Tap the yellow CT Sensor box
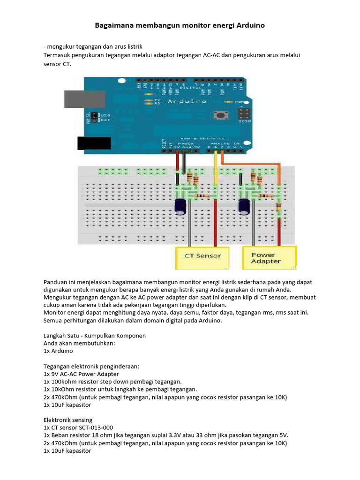pos(203,256)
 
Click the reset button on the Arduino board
pos(218,114)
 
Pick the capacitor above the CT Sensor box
pos(180,206)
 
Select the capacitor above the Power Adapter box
pos(243,206)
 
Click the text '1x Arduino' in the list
pos(58,351)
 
